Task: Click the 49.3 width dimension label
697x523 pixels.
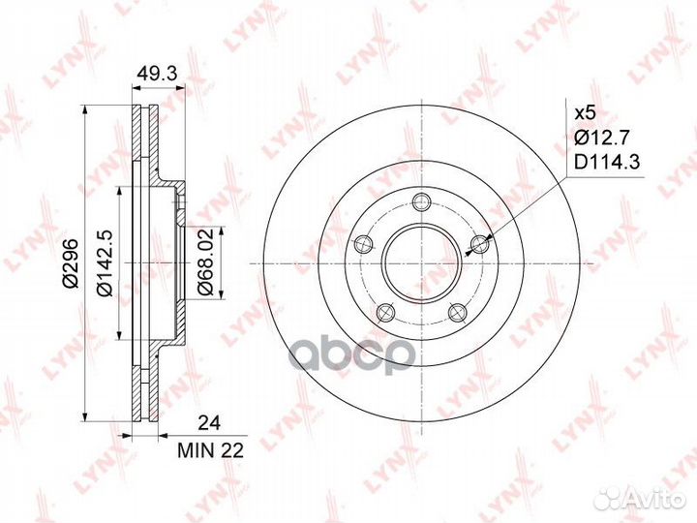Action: tap(157, 73)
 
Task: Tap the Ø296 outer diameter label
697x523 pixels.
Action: tap(71, 262)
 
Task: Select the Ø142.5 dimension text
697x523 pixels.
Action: tap(104, 262)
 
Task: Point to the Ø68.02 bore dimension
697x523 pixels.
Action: tap(206, 261)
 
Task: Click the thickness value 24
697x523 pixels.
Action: tap(209, 423)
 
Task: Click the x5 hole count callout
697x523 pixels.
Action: tap(585, 113)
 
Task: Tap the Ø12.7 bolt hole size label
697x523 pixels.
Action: tap(601, 138)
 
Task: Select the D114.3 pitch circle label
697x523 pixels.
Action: tap(607, 163)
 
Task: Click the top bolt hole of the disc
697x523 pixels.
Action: tap(421, 201)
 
